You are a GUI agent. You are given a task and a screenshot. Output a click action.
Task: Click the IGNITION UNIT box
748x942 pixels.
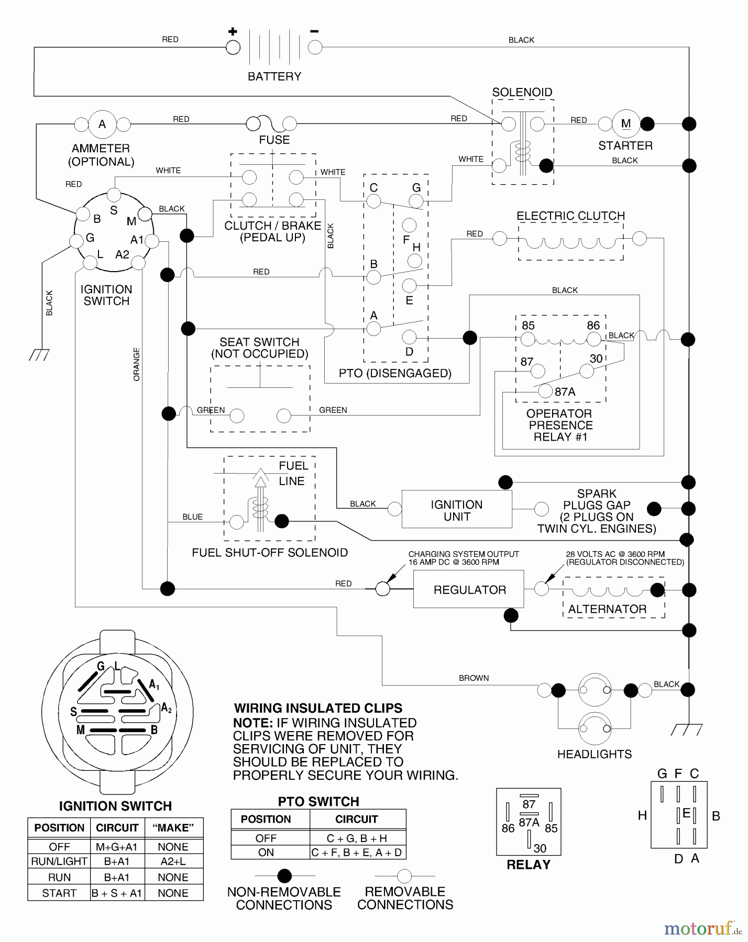tap(456, 510)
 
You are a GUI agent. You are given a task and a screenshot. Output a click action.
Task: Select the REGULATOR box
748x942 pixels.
tap(469, 589)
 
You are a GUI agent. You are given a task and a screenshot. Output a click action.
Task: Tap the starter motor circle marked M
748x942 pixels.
tap(626, 124)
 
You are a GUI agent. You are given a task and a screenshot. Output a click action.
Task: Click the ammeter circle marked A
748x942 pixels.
tap(102, 125)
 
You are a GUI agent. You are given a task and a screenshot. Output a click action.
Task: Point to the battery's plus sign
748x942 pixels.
tap(233, 32)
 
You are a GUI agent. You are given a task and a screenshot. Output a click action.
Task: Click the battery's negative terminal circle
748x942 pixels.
tap(315, 48)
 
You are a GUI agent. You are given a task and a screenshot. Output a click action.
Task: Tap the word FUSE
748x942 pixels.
tap(274, 140)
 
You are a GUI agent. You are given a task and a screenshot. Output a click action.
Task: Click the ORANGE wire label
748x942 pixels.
tap(137, 364)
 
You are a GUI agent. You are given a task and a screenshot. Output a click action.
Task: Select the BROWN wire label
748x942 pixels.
tap(474, 678)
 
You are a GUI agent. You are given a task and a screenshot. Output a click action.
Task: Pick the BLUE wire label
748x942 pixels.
tap(192, 517)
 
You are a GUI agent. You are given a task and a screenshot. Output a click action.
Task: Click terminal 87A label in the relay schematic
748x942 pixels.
tap(565, 391)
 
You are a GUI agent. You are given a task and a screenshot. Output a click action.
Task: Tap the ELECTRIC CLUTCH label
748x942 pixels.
tap(570, 216)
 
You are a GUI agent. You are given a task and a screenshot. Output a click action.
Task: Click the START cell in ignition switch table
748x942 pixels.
tap(59, 893)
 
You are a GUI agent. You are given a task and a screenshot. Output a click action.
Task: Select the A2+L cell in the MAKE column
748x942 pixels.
tap(173, 861)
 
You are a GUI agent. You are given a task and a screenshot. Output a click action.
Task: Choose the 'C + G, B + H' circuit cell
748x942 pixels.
tap(357, 838)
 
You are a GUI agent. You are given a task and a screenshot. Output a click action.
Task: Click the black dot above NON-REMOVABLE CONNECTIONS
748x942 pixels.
tap(284, 876)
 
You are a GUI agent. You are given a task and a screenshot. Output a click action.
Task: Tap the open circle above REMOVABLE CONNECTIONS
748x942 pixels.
tap(404, 876)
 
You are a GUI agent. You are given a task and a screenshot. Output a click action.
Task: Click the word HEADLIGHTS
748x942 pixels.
tap(594, 754)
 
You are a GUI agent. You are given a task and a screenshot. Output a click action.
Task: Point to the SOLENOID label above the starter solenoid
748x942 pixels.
tap(522, 92)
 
